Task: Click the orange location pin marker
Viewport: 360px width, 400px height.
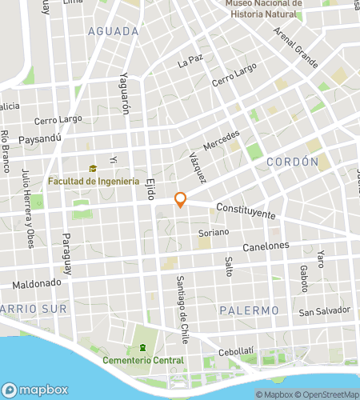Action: pyautogui.click(x=181, y=200)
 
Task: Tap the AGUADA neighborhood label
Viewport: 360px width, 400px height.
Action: pyautogui.click(x=113, y=31)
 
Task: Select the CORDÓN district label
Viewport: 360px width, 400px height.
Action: pyautogui.click(x=292, y=162)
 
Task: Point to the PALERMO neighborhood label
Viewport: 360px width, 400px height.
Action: pyautogui.click(x=249, y=310)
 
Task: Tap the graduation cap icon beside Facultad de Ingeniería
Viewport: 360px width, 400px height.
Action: pyautogui.click(x=93, y=169)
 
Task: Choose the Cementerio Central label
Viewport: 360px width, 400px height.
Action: pyautogui.click(x=144, y=359)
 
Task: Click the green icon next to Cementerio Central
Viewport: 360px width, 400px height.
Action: pyautogui.click(x=142, y=347)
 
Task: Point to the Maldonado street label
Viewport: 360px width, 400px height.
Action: pyautogui.click(x=37, y=283)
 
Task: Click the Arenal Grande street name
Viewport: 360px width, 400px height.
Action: pyautogui.click(x=295, y=47)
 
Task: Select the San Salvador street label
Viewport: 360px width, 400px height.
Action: pyautogui.click(x=325, y=310)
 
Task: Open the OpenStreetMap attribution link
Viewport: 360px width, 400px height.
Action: pyautogui.click(x=329, y=394)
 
